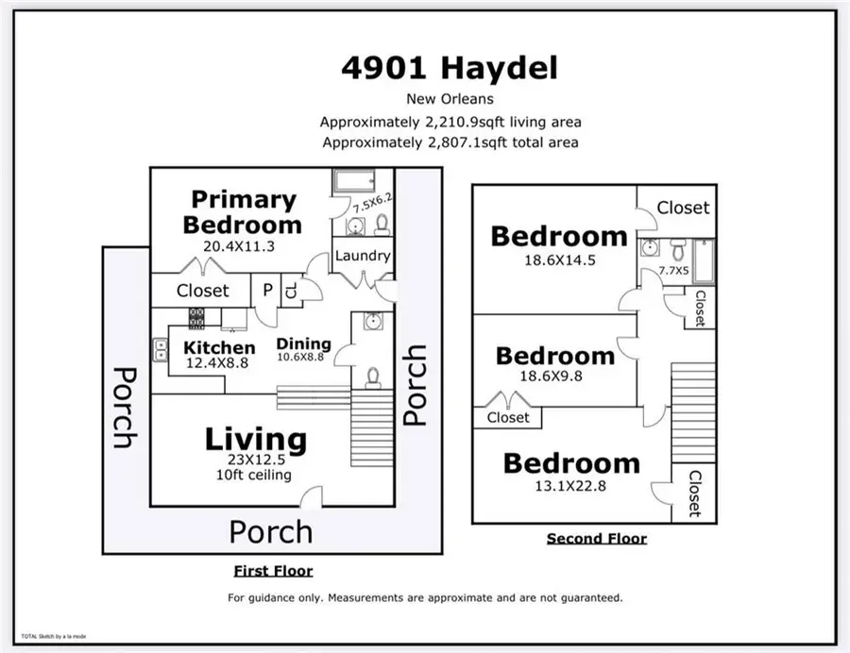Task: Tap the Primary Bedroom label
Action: point(244,212)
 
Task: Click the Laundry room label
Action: point(363,255)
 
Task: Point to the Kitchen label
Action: point(218,347)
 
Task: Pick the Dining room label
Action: point(303,343)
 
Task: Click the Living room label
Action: point(256,440)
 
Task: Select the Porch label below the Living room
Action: point(270,531)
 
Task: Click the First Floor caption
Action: point(273,571)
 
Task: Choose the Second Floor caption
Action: point(597,539)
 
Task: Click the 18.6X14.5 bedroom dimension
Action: point(559,261)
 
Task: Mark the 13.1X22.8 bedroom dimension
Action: point(570,489)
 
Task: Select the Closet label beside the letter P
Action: point(203,291)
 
